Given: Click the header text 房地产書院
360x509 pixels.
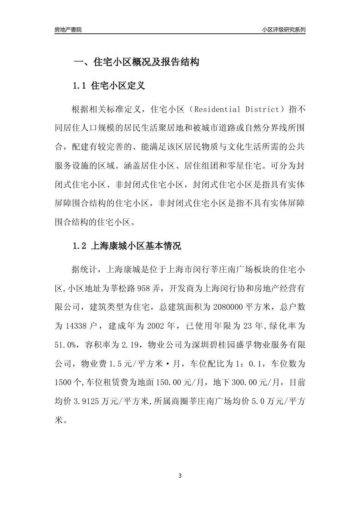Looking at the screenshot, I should [x=68, y=30].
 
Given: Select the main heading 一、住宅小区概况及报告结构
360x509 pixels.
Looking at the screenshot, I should [x=136, y=62].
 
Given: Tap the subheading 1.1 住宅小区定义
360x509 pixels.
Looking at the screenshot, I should [x=109, y=86].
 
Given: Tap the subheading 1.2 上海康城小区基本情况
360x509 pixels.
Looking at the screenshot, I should [x=127, y=246].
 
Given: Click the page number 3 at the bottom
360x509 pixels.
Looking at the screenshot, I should [x=180, y=476].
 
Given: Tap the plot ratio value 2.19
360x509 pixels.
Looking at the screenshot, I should [x=130, y=345].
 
